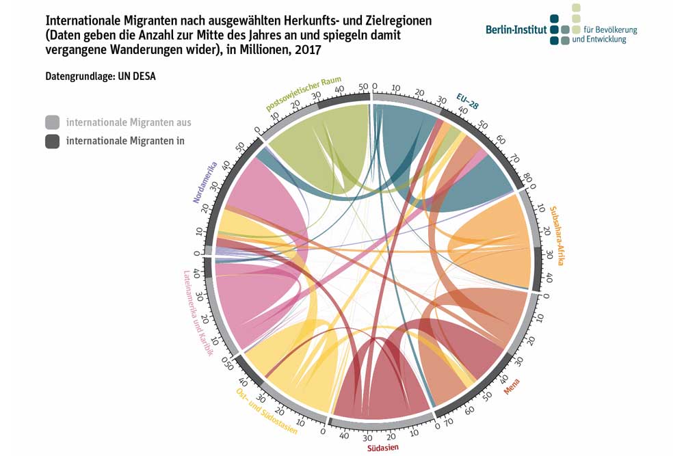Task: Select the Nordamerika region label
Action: point(205,183)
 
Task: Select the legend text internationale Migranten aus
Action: point(129,123)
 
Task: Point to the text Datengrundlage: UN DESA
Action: point(101,76)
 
